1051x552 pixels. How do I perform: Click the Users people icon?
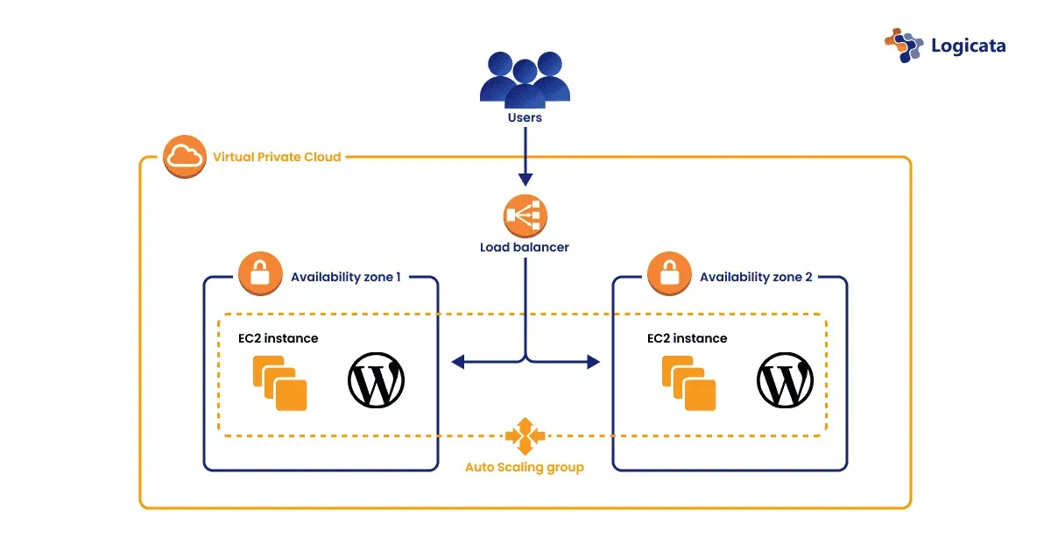[x=525, y=80]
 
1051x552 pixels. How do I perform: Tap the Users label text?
[x=525, y=117]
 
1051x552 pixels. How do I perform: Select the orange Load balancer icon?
[x=525, y=215]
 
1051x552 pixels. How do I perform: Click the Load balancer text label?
[x=525, y=247]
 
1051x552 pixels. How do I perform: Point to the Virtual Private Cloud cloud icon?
[x=184, y=157]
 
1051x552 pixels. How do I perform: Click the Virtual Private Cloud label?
[x=277, y=158]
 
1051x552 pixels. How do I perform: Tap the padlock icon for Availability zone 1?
[x=259, y=275]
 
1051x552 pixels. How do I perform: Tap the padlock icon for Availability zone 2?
[x=669, y=275]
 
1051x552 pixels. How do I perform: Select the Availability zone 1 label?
[x=346, y=277]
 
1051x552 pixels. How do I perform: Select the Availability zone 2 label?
[x=756, y=277]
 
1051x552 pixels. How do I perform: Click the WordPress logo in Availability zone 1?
[x=377, y=381]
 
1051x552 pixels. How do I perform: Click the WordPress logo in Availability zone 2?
[x=785, y=381]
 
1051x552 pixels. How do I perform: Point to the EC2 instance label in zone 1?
[x=278, y=338]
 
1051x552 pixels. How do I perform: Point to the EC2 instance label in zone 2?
[x=687, y=338]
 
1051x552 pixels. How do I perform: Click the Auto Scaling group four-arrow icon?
[x=525, y=435]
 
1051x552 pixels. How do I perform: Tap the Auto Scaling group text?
[x=524, y=467]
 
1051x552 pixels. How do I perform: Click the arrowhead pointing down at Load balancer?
[x=525, y=179]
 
